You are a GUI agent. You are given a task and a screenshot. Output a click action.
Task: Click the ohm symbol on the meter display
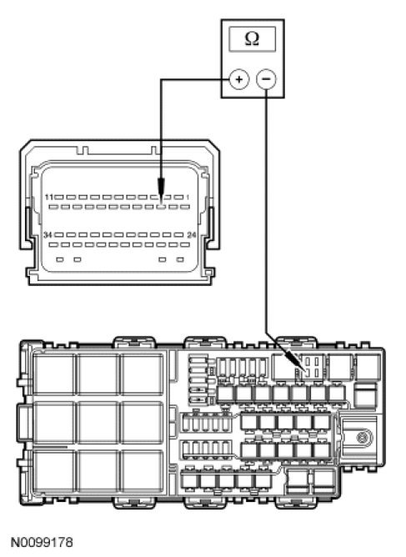click(x=252, y=38)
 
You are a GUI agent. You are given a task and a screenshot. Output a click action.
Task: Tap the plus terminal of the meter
click(x=238, y=79)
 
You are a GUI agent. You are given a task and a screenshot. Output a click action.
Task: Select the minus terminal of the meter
click(x=266, y=79)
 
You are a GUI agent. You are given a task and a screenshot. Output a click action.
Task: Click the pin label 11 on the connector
click(x=49, y=197)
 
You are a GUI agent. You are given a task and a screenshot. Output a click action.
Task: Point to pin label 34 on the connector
click(x=48, y=235)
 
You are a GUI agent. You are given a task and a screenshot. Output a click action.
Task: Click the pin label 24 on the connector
click(x=192, y=235)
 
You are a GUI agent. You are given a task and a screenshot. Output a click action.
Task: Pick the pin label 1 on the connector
click(x=188, y=197)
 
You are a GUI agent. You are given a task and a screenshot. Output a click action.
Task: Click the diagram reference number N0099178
click(x=42, y=543)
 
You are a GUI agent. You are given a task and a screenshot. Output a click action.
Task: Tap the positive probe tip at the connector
click(x=161, y=203)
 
